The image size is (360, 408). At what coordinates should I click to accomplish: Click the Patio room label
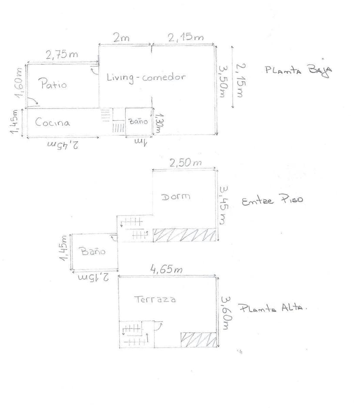54,84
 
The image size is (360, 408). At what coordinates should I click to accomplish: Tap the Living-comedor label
146,77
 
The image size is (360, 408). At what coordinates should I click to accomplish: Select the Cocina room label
52,122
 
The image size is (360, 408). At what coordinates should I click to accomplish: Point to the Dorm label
176,196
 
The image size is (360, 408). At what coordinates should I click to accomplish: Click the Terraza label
155,299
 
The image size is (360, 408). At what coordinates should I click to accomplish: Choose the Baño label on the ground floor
138,121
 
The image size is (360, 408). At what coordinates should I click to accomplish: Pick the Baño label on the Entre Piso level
93,251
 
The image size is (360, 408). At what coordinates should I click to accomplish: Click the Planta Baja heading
299,70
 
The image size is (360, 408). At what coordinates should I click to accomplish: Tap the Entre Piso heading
272,200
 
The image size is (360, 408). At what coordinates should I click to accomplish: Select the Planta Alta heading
273,308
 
